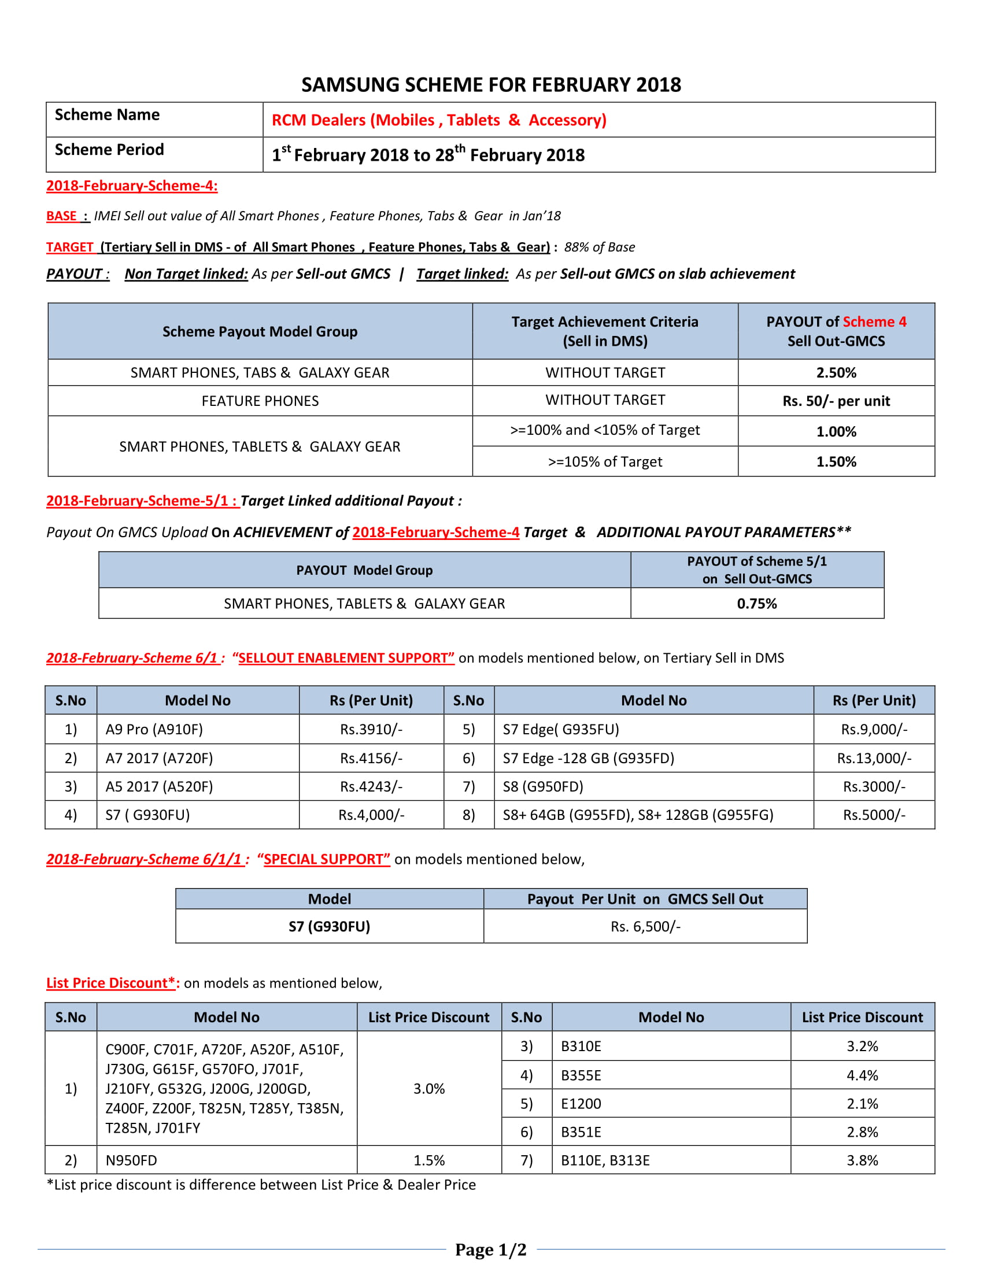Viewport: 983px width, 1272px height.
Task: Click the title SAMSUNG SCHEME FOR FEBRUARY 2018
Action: click(491, 85)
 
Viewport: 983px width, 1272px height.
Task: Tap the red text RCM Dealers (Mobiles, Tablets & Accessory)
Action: click(438, 120)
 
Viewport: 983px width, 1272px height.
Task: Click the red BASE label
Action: click(62, 216)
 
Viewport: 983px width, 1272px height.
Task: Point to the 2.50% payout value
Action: click(836, 373)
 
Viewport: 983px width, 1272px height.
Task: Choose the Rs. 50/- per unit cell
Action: click(836, 401)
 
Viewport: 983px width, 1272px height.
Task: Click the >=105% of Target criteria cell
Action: click(604, 462)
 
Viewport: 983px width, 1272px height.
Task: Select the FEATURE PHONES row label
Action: click(260, 401)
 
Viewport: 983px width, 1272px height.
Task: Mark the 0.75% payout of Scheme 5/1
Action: click(756, 604)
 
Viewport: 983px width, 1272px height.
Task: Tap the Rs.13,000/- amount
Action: click(874, 759)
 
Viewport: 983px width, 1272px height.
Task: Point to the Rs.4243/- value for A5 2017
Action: click(371, 787)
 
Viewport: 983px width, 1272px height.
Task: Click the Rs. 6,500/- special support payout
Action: click(645, 927)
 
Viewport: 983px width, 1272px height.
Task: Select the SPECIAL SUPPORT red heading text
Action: click(327, 860)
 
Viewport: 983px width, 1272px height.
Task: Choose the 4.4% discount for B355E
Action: click(862, 1076)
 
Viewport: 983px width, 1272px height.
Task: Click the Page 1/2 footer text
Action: click(490, 1250)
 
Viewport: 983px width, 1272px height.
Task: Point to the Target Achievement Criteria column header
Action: click(604, 331)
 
